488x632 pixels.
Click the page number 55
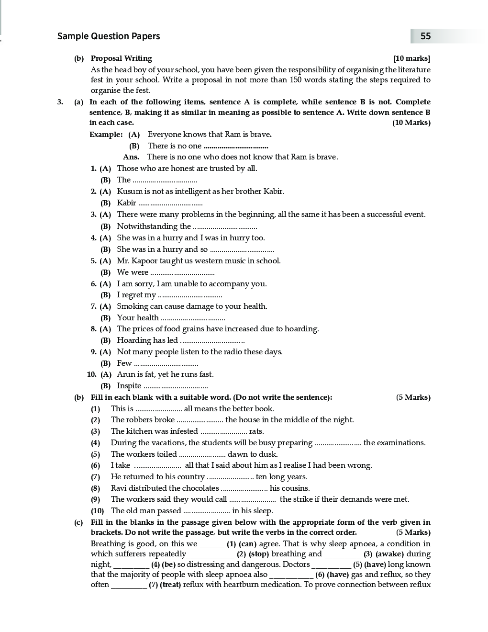(x=425, y=36)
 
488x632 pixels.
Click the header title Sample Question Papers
(x=109, y=36)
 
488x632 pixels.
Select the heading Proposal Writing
(x=122, y=58)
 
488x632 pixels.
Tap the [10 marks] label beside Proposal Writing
(x=411, y=58)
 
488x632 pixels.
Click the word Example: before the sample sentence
(x=106, y=135)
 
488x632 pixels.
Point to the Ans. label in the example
(x=131, y=157)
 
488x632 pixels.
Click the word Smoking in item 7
(x=133, y=306)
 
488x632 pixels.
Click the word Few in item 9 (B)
(x=124, y=363)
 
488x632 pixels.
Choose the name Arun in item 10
(x=126, y=374)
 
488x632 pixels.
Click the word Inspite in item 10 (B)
(x=129, y=386)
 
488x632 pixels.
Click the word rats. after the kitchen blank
(x=256, y=431)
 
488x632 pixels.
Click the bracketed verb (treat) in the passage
(x=171, y=585)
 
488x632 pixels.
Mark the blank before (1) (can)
(x=212, y=544)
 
